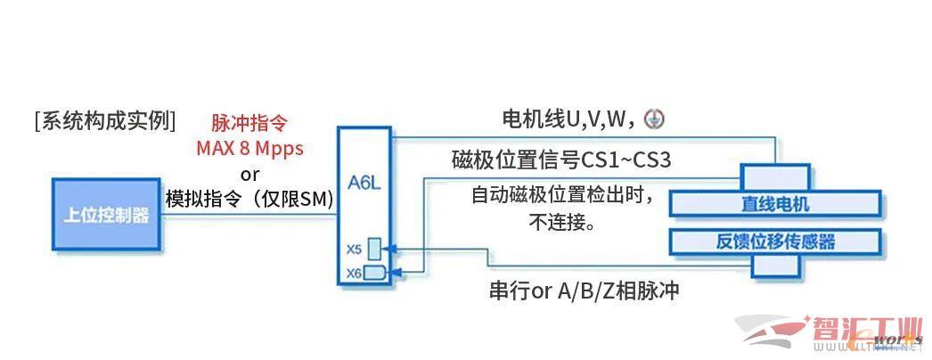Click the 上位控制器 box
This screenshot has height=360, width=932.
(x=105, y=216)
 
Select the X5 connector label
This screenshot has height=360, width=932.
(x=354, y=248)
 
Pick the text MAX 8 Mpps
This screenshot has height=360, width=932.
(x=249, y=147)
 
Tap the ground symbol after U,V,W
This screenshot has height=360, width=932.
(x=654, y=119)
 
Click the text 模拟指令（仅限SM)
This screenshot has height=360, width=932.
(x=249, y=199)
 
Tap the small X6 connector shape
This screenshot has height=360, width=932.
(x=374, y=272)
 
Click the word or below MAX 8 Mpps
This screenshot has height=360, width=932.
(x=249, y=174)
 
